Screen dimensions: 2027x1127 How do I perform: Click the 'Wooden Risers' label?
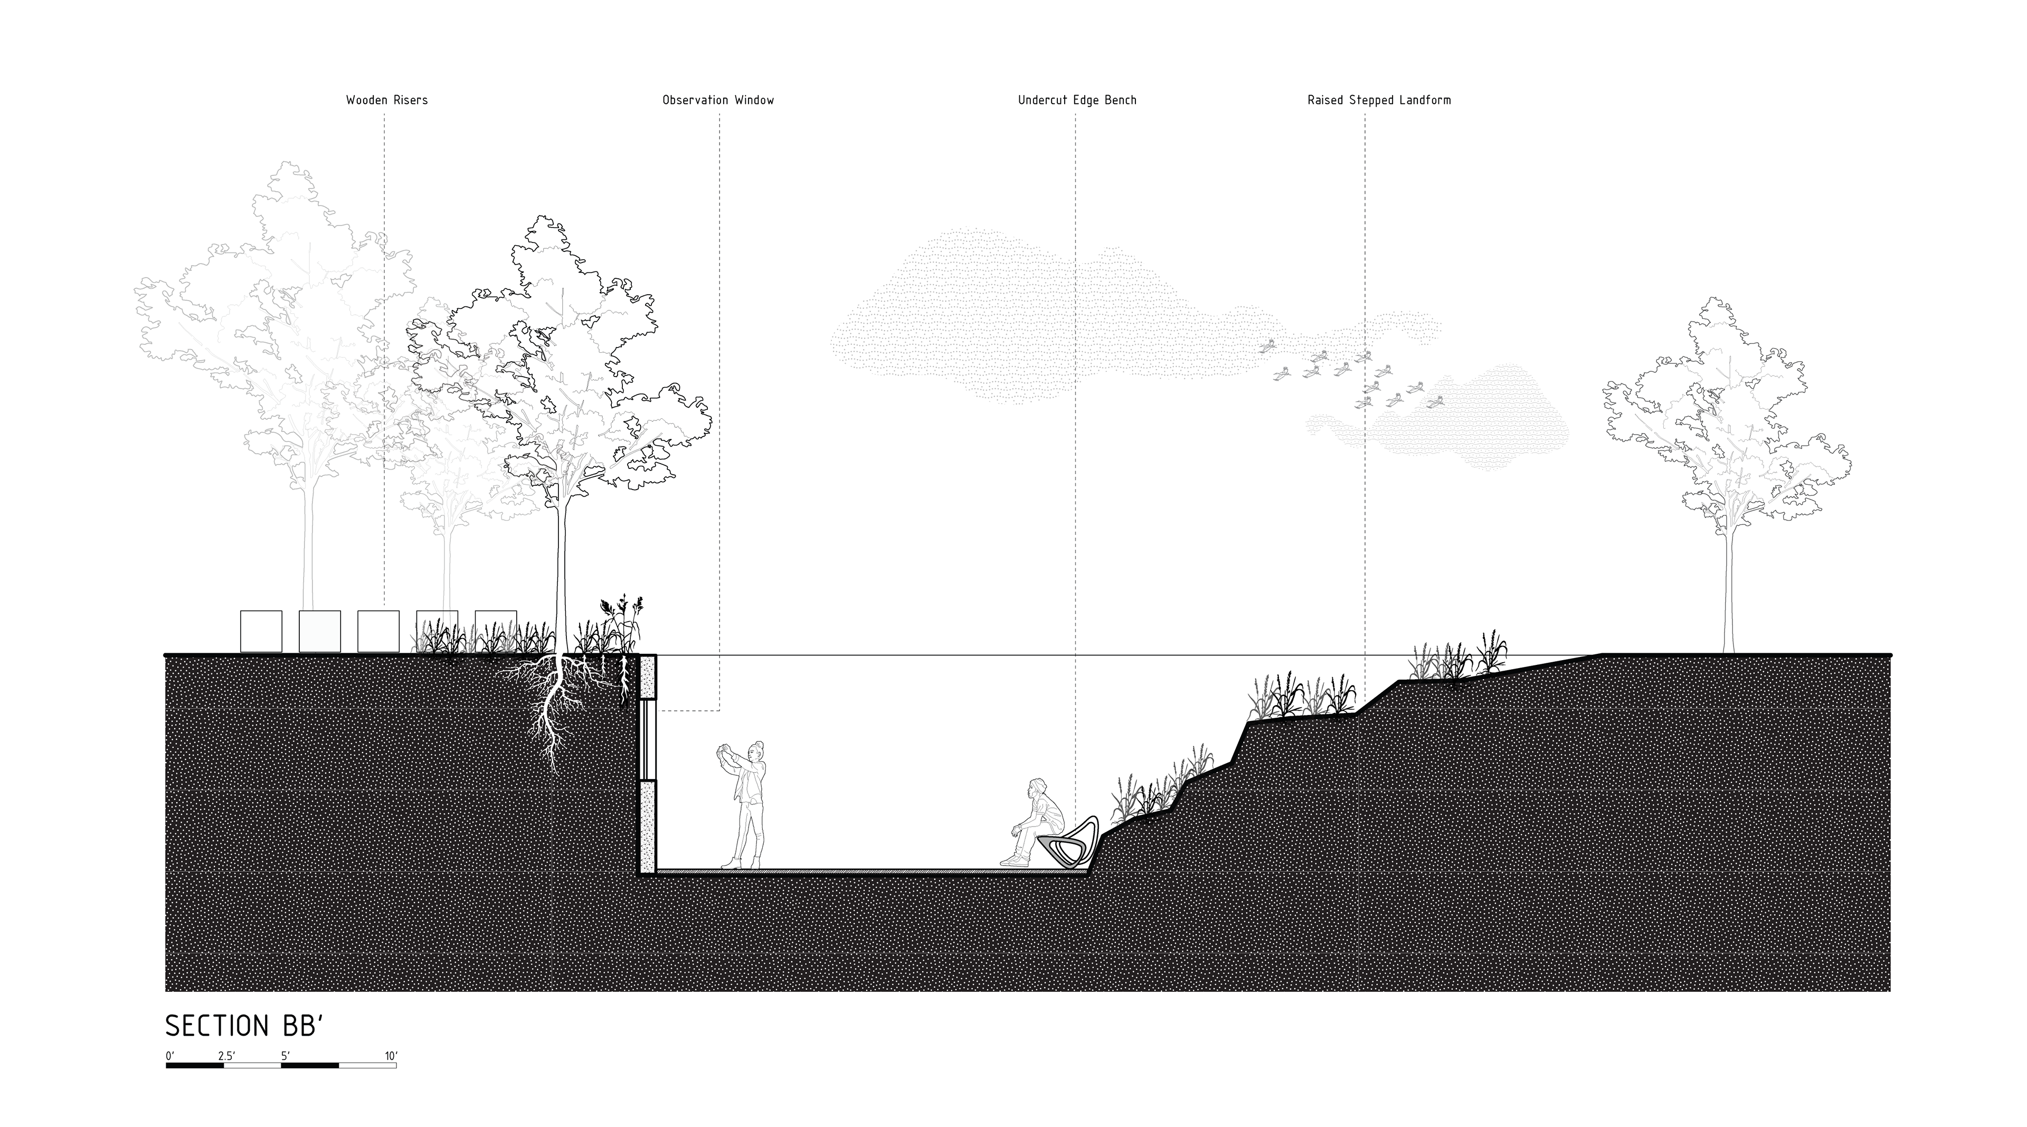tap(386, 100)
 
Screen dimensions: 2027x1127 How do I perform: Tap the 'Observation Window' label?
tap(718, 100)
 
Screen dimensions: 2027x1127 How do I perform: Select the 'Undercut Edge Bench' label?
tap(1076, 100)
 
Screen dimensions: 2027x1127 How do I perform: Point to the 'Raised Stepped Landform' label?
tap(1379, 100)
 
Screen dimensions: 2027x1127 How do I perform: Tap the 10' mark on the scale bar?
tap(392, 1056)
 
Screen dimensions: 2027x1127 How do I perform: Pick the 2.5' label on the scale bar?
tap(226, 1056)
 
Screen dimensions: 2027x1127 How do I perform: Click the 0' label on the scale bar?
tap(169, 1056)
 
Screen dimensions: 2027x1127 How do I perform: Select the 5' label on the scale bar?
tap(285, 1056)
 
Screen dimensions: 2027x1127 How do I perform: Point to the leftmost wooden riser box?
tap(260, 631)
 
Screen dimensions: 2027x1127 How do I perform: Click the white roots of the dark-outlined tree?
tap(555, 708)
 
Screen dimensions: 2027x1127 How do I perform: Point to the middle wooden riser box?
tap(378, 631)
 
